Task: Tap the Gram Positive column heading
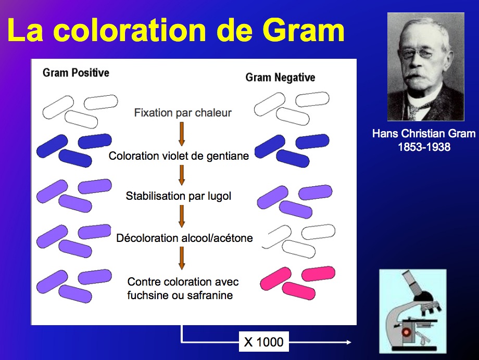[76, 73]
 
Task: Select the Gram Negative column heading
[280, 77]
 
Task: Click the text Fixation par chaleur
[183, 113]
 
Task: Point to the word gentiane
[228, 156]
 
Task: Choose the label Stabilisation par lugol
[179, 196]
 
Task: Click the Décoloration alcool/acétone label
[184, 238]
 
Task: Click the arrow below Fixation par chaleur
[182, 134]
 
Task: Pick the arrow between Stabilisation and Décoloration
[182, 216]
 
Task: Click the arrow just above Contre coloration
[182, 259]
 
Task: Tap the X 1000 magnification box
[263, 342]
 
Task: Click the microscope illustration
[413, 311]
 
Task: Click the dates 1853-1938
[424, 147]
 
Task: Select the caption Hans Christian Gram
[424, 133]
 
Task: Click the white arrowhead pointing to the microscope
[349, 342]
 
